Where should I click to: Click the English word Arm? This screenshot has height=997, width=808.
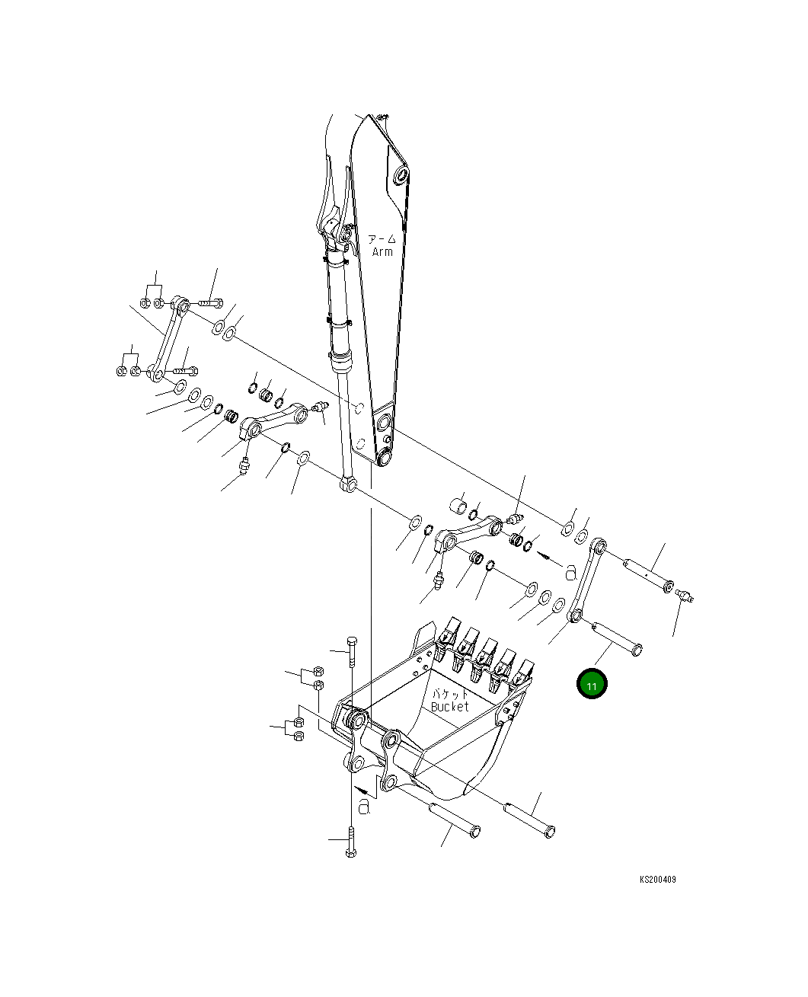[382, 251]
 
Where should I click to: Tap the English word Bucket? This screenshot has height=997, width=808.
[449, 706]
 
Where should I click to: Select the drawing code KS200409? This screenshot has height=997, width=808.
[657, 879]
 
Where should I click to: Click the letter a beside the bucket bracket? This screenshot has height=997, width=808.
[364, 806]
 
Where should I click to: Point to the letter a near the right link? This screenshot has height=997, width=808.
[571, 573]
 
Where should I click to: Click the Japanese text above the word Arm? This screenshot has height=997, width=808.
[382, 239]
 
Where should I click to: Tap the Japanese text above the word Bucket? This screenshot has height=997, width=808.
[449, 694]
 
